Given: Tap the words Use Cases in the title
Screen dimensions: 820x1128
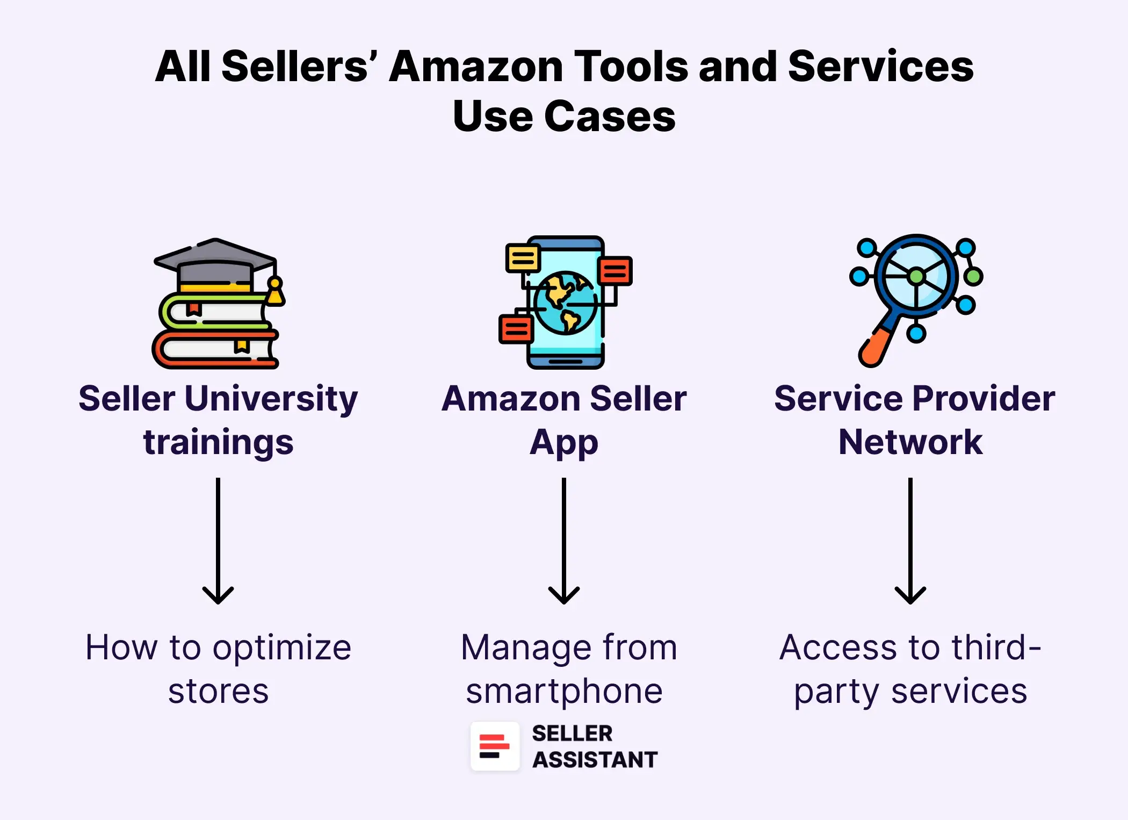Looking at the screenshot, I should [564, 116].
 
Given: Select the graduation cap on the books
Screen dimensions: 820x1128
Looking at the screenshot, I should [215, 263].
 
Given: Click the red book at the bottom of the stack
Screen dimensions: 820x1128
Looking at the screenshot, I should [215, 350].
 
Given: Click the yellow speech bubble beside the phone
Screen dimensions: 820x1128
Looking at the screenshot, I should [523, 258].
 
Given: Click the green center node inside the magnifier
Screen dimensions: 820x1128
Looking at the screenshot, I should [916, 276].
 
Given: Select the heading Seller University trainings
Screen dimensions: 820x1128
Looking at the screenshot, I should [218, 420].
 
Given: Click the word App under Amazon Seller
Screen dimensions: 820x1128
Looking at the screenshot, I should [563, 443].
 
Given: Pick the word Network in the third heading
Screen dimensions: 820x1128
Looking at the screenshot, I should [910, 442].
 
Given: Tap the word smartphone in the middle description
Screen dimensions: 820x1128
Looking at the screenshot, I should [564, 691].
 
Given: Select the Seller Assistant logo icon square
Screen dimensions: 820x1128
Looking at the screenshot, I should [495, 746].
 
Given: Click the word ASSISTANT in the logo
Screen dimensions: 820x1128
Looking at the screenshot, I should [595, 760].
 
